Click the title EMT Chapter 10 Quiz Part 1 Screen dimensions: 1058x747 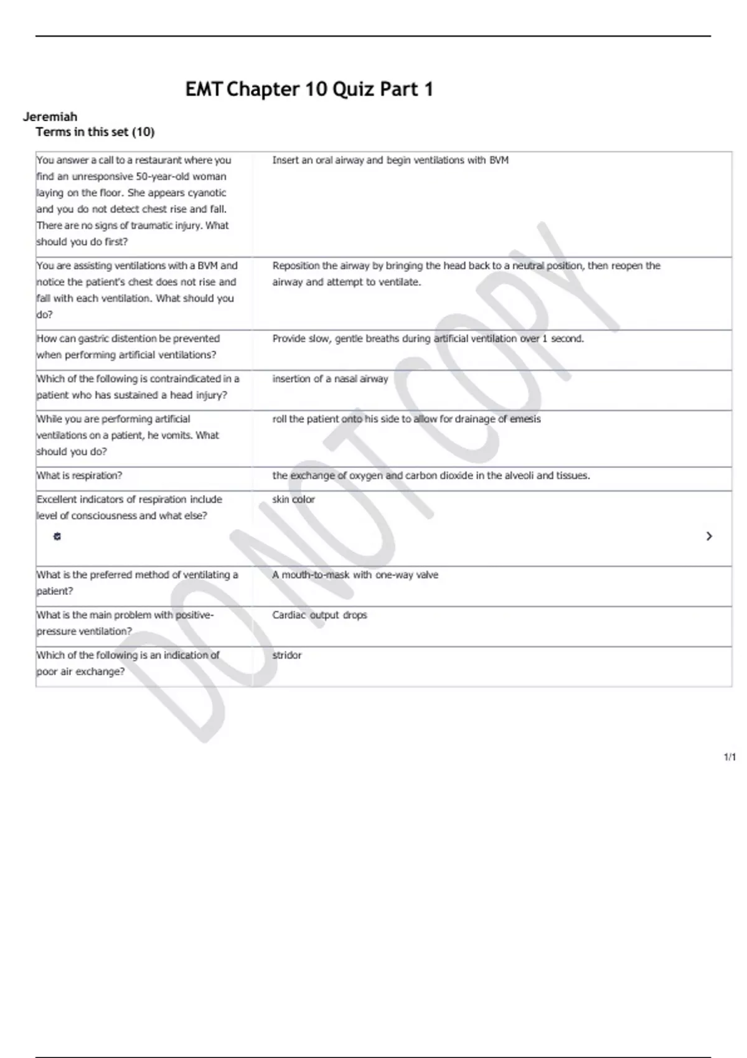click(x=309, y=90)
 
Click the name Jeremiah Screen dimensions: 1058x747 click(x=50, y=116)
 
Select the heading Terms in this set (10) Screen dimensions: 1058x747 click(x=95, y=132)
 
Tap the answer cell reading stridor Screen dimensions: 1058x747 click(x=287, y=655)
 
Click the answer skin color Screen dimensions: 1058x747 click(x=293, y=499)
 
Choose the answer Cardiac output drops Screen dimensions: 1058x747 click(x=319, y=615)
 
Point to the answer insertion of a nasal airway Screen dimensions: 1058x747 click(x=330, y=378)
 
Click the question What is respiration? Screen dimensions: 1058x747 click(x=79, y=475)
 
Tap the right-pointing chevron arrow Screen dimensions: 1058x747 click(x=709, y=536)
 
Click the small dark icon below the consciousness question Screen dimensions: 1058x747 click(x=57, y=536)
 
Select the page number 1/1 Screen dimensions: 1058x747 click(x=730, y=757)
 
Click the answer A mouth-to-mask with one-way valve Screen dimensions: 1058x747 click(x=355, y=575)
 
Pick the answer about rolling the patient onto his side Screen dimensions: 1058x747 click(x=406, y=419)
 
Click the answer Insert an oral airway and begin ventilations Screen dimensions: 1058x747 click(x=390, y=160)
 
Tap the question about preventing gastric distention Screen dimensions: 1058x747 click(x=128, y=347)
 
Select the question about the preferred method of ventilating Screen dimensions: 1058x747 click(x=137, y=583)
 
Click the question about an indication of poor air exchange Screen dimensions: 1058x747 click(x=128, y=663)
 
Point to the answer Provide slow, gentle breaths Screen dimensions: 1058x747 click(x=428, y=339)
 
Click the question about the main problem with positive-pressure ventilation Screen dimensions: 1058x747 click(x=125, y=623)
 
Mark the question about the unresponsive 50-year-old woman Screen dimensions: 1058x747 click(x=133, y=200)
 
